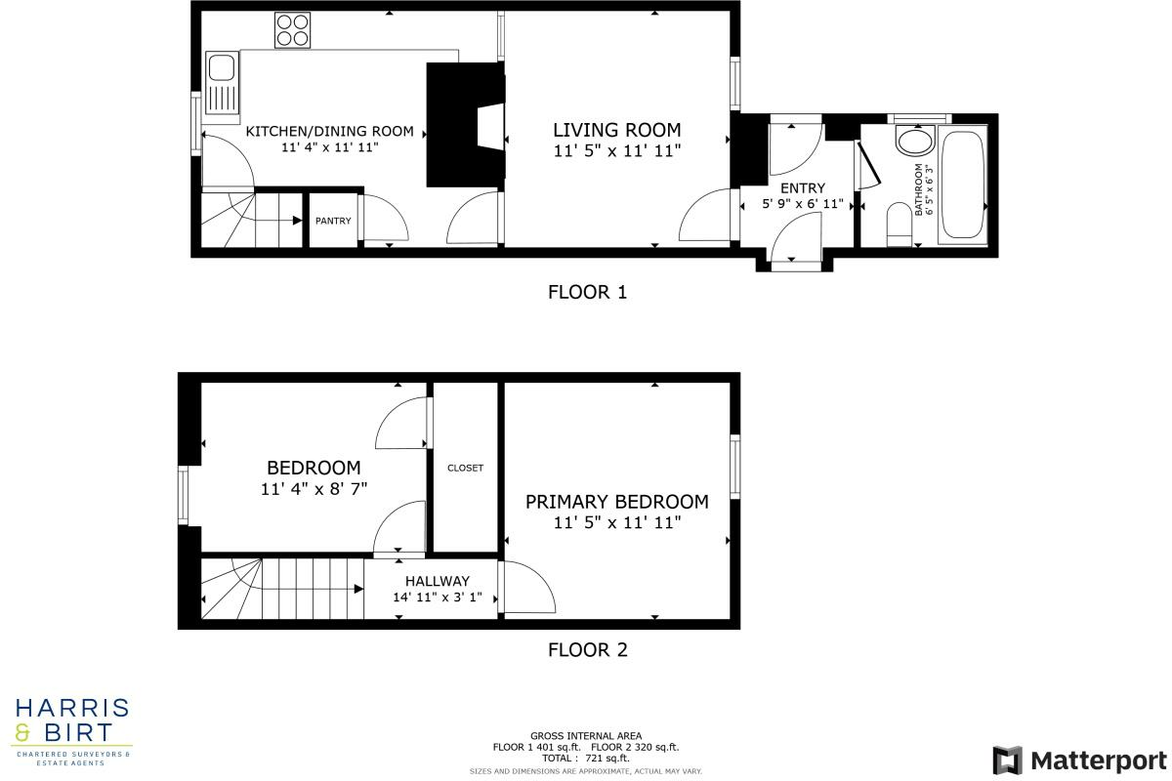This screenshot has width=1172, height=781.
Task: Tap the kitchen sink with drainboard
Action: (x=222, y=85)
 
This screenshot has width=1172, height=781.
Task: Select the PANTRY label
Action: (x=333, y=221)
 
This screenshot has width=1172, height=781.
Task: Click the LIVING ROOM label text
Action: (x=616, y=130)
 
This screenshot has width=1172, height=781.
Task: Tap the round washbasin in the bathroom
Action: (x=915, y=141)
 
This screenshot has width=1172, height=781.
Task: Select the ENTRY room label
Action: (x=803, y=188)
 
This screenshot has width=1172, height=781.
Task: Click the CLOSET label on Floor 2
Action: (x=465, y=468)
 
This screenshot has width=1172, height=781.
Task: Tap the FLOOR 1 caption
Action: (x=587, y=291)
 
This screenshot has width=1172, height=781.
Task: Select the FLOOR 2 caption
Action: (x=587, y=649)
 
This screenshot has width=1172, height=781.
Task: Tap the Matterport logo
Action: (x=1079, y=760)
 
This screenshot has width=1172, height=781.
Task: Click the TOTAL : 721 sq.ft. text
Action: (x=586, y=758)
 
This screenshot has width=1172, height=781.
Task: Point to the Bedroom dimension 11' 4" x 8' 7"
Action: (x=314, y=489)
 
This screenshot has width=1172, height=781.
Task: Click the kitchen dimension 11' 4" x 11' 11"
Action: (x=329, y=147)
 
